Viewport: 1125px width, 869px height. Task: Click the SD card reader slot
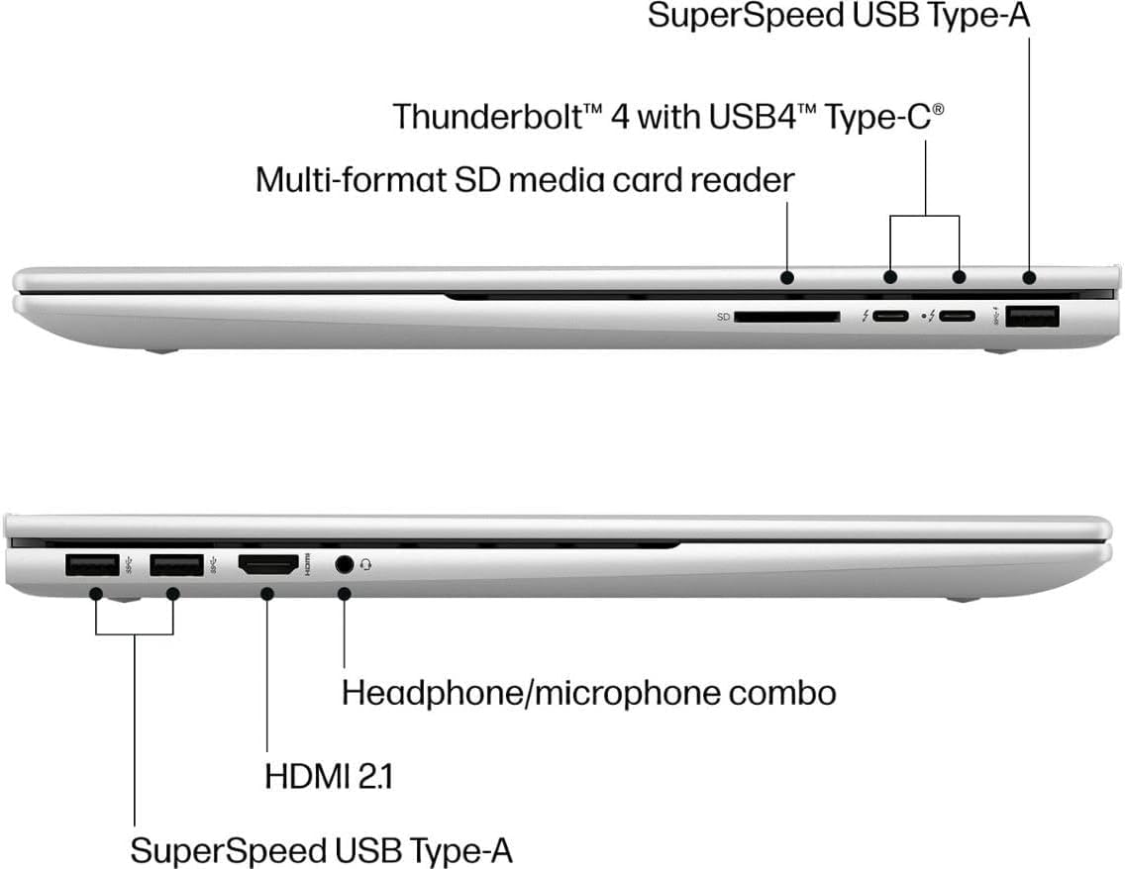coord(787,316)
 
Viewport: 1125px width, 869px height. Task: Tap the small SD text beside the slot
coord(723,317)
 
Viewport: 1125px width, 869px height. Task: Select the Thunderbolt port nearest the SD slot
coord(890,316)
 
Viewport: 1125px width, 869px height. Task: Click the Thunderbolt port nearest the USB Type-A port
coord(958,316)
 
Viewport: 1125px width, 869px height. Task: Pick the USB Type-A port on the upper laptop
coord(1032,316)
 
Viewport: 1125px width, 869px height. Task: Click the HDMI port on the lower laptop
coord(268,566)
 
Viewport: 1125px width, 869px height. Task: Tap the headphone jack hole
coord(345,565)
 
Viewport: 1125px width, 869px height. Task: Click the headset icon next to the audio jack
coord(365,565)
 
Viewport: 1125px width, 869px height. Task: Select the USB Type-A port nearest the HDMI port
coord(176,565)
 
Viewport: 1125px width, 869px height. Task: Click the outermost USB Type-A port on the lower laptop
coord(92,565)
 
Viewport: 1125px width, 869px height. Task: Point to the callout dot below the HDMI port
coord(267,594)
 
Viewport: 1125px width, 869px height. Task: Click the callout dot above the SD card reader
coord(787,277)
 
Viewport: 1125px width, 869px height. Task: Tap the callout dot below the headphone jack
coord(344,594)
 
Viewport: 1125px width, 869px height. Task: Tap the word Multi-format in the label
coord(351,179)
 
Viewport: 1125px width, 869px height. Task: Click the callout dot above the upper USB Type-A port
coord(1030,277)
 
